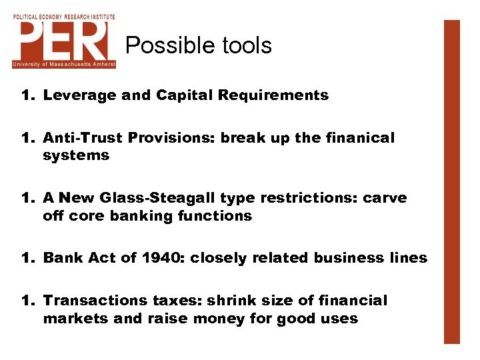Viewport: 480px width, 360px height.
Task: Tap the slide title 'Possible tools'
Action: [199, 45]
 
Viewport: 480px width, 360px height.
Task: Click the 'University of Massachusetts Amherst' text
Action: [64, 64]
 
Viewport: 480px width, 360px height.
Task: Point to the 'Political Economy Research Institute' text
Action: [64, 15]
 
